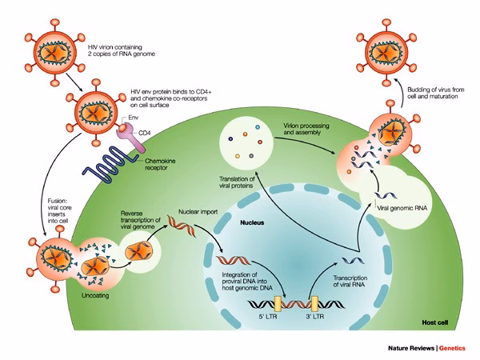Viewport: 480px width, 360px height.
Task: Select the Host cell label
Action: [x=438, y=322]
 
